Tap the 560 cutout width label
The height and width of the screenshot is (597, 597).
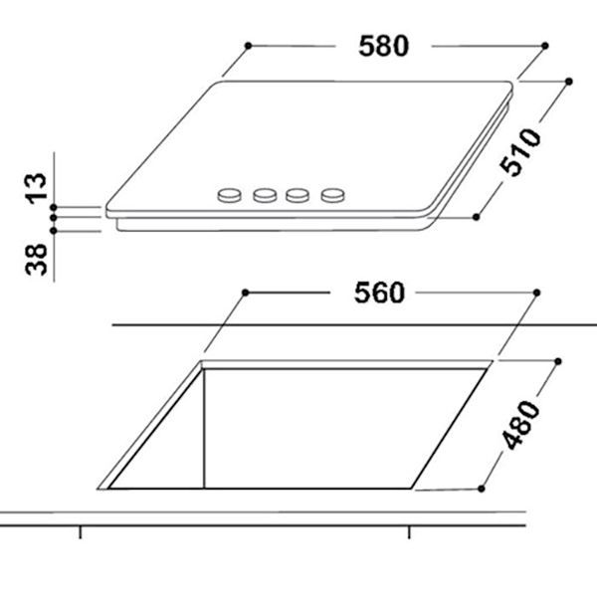[378, 293]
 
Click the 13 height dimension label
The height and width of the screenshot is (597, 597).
[36, 187]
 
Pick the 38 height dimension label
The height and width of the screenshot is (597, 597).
[36, 262]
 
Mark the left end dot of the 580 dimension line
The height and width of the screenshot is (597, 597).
[247, 45]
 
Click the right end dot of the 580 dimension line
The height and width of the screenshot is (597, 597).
[545, 45]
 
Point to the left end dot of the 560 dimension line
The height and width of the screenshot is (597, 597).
[246, 293]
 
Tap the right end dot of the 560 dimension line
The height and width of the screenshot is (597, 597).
[538, 293]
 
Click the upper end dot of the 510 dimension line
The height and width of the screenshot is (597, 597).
[568, 81]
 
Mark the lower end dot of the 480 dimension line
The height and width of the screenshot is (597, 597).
[481, 489]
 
